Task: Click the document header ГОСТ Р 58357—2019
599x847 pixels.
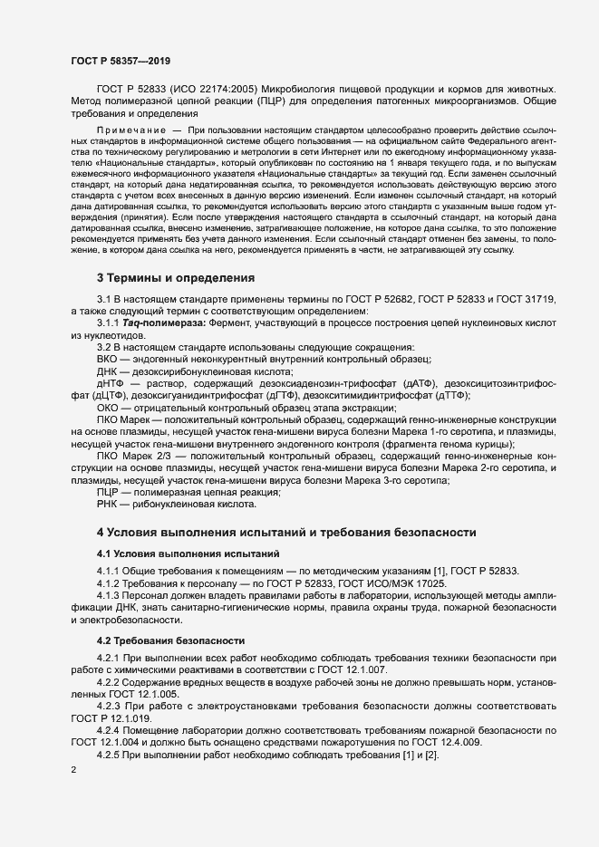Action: [x=120, y=61]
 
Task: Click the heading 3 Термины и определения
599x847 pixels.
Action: [x=176, y=277]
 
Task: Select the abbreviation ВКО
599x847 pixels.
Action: [x=107, y=358]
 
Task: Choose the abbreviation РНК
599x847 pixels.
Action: [x=107, y=502]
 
